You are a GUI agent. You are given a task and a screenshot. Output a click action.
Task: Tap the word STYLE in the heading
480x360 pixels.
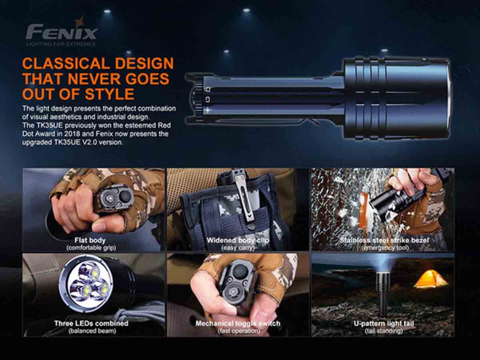pos(109,94)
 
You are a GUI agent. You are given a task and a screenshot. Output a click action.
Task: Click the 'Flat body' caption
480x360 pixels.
pos(90,240)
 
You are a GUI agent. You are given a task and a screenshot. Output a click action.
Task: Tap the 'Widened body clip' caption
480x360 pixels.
pos(238,240)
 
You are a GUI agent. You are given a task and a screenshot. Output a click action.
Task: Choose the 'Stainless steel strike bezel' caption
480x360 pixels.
pos(384,240)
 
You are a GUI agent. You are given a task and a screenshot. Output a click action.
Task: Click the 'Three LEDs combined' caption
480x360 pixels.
pos(91,323)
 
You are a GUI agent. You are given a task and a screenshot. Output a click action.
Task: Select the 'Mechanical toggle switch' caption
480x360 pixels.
pos(238,323)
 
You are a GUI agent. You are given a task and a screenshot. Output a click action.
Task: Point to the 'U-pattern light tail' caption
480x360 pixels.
pos(384,323)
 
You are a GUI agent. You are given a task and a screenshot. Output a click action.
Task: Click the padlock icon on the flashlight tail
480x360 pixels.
pos(207,90)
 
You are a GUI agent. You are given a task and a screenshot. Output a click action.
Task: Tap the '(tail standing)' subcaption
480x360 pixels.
pos(384,331)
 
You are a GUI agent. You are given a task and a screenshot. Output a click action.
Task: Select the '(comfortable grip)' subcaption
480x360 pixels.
pos(91,248)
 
